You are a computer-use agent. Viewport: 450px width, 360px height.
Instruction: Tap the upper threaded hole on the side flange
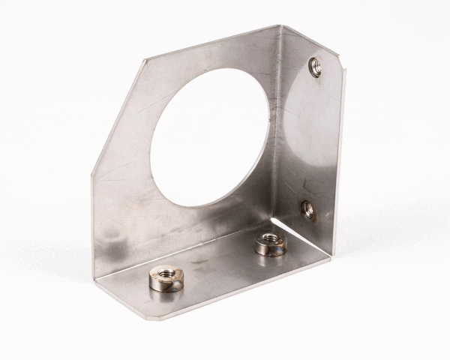[316, 67]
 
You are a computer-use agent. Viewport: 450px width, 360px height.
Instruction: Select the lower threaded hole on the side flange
[307, 209]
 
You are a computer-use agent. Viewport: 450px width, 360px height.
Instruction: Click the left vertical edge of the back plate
[92, 225]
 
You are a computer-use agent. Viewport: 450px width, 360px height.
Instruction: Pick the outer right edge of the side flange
[339, 165]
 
